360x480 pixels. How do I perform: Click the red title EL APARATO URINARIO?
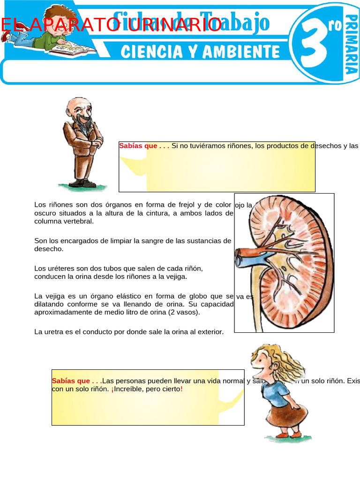[x=111, y=25]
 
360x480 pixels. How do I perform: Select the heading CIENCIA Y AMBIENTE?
[x=200, y=52]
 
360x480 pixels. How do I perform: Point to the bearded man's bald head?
[x=75, y=104]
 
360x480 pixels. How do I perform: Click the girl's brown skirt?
[x=287, y=415]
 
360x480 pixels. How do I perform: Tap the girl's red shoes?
[x=288, y=435]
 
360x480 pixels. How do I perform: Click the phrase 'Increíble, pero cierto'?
[x=146, y=390]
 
